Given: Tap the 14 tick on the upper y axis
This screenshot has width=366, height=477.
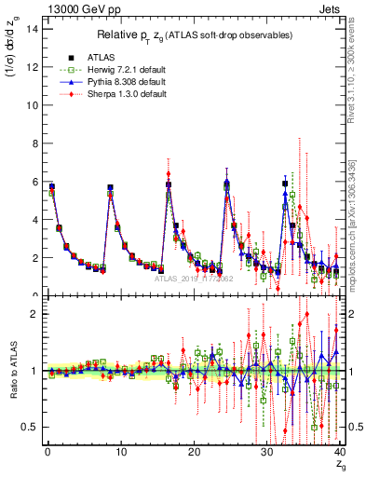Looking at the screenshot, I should [x=33, y=28].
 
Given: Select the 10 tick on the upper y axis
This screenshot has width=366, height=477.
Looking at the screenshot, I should [x=33, y=104].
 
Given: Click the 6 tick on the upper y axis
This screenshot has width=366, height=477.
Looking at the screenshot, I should [x=34, y=182].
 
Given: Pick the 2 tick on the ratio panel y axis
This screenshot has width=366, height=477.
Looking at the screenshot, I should [x=34, y=314].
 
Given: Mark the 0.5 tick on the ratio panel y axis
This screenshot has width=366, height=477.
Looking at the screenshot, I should [x=31, y=427].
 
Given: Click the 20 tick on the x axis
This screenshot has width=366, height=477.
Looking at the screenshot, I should [x=194, y=454].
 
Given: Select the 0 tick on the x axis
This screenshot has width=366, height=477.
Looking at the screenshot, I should [x=47, y=454].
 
